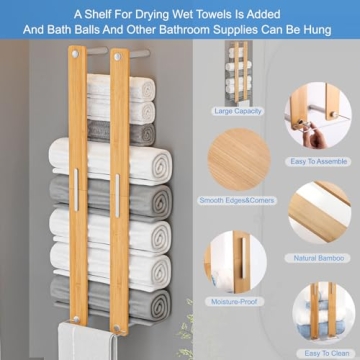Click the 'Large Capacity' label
(x=238, y=111)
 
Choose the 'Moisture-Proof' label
(x=238, y=301)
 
